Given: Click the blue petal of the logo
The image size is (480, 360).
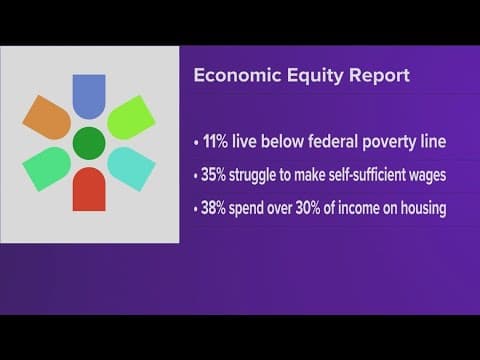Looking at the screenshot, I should tap(89, 95).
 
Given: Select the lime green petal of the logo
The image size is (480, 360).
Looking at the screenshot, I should tap(130, 118).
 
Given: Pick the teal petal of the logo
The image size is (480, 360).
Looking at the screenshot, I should tap(130, 166).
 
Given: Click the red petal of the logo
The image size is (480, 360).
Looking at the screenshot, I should tap(89, 189).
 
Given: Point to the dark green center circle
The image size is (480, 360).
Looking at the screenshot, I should tap(89, 143).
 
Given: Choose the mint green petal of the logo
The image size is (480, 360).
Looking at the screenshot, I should tap(47, 166).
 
